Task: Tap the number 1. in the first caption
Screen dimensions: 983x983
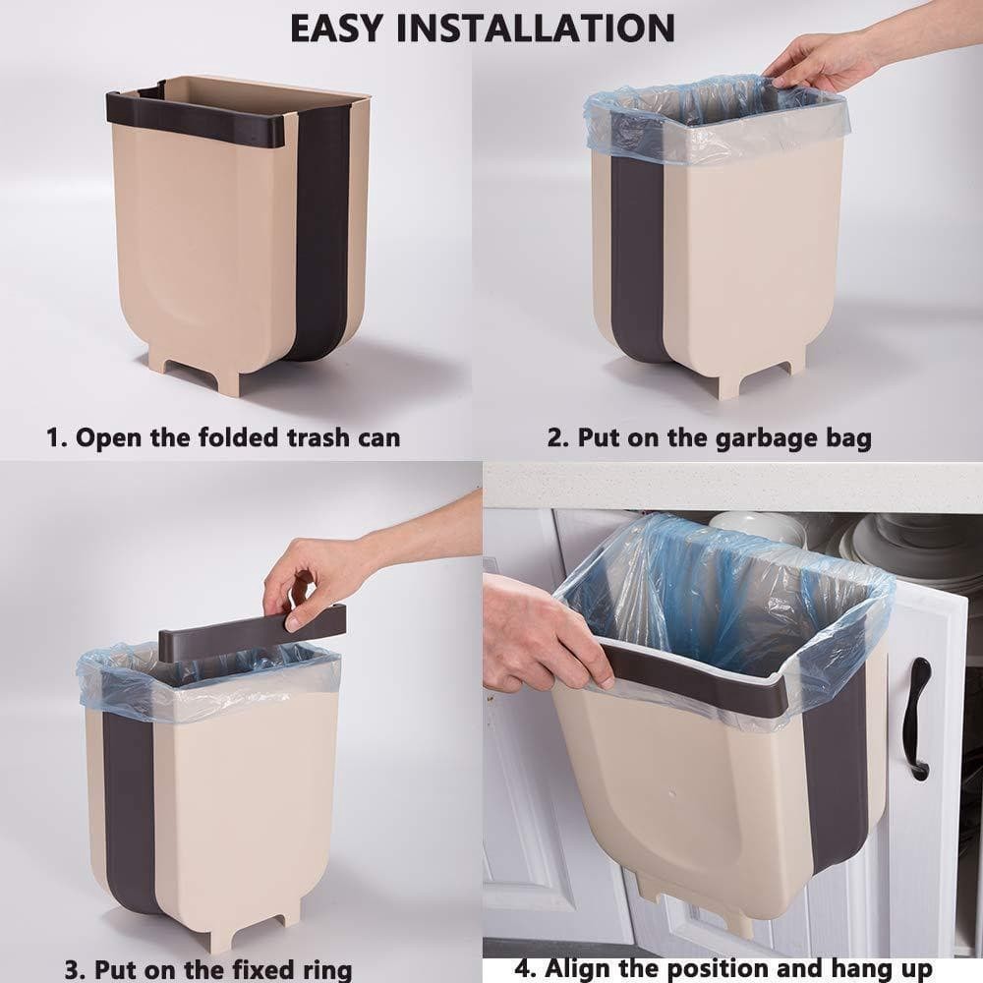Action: pyautogui.click(x=57, y=437)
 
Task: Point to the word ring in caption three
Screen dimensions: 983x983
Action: pyautogui.click(x=318, y=969)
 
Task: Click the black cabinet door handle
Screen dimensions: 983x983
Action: pyautogui.click(x=918, y=718)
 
